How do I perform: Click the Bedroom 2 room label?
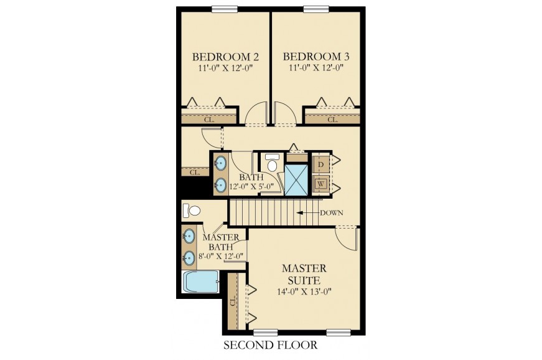225,57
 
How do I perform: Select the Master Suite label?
304,274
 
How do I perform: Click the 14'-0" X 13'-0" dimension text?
304,291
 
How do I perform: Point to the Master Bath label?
220,242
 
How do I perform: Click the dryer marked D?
320,164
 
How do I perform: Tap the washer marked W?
320,184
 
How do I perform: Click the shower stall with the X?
296,180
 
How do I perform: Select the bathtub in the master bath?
200,282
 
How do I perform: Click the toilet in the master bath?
192,211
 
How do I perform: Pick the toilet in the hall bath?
273,163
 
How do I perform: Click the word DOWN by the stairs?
331,212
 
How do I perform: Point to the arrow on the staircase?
307,212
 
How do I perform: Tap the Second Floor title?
270,345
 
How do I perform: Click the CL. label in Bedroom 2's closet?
209,120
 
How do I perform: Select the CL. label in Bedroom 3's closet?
332,120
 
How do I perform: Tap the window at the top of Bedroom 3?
316,9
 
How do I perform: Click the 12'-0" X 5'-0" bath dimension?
251,187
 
